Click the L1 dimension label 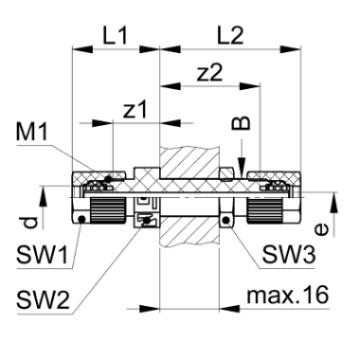[116, 36]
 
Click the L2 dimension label [231, 36]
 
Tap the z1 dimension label [135, 110]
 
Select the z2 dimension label [209, 73]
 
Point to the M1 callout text [32, 132]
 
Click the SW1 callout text [43, 255]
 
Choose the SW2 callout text [43, 300]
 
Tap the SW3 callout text [289, 255]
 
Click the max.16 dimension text [288, 296]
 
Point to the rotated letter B [242, 123]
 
